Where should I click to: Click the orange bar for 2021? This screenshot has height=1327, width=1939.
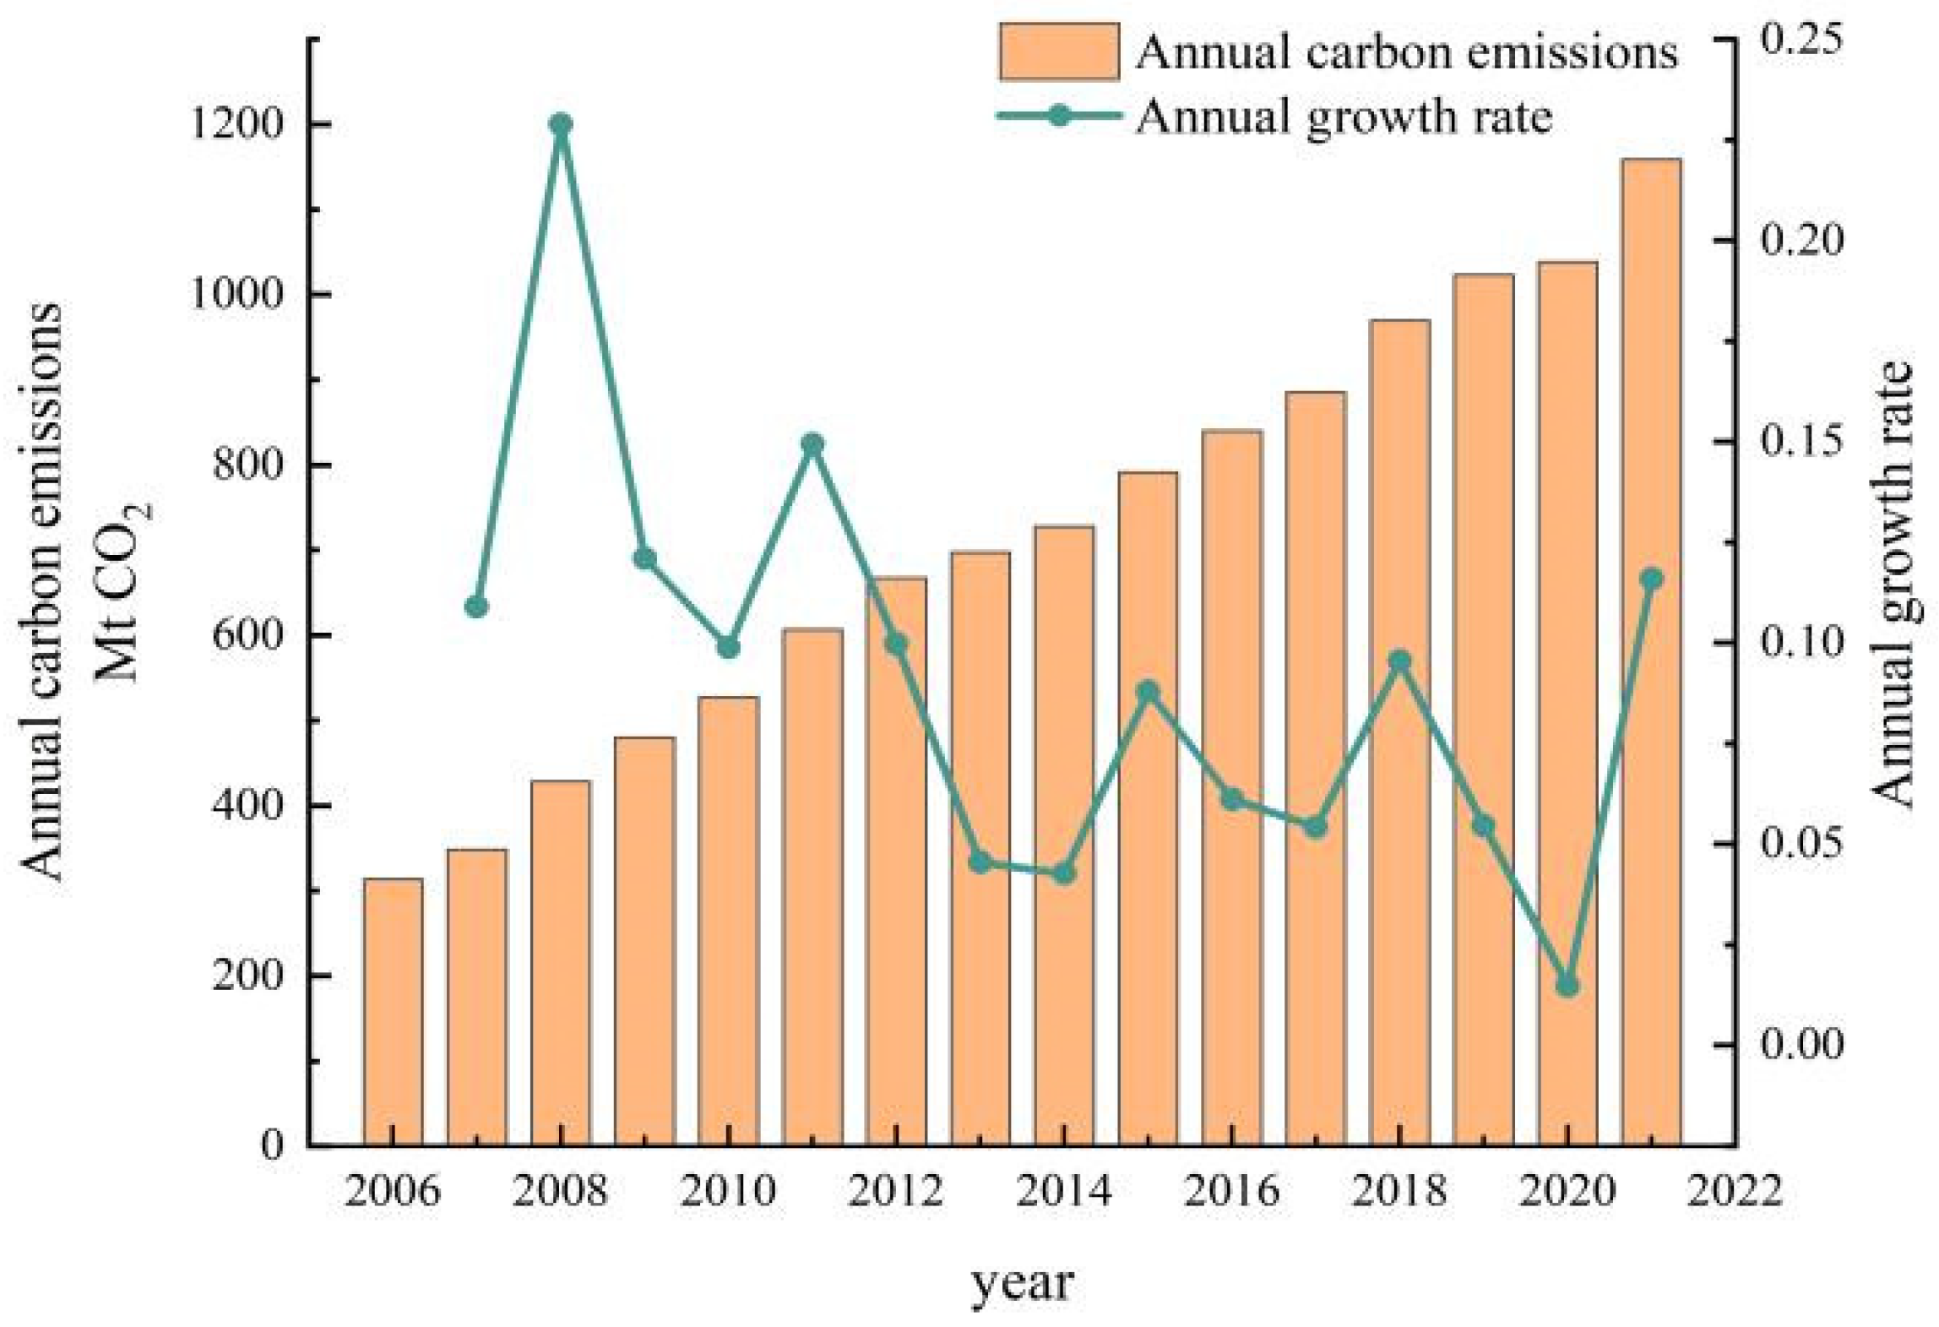(1651, 650)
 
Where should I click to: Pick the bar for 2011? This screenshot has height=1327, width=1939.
(812, 886)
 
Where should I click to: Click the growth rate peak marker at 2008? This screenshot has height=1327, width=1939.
(561, 125)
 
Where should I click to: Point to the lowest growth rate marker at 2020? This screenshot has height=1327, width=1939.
(1567, 986)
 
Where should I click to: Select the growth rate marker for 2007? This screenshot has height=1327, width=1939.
(476, 606)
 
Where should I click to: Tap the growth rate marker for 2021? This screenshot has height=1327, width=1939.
(1651, 579)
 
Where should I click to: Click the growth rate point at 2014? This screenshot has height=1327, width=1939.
(1064, 873)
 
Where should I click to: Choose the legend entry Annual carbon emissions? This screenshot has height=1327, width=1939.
(1406, 52)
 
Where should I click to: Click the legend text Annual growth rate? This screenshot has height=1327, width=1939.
(1344, 117)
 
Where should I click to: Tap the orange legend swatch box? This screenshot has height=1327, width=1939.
(1059, 52)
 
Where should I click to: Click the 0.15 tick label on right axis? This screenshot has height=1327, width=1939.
(1800, 442)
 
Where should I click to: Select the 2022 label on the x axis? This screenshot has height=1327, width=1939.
(1735, 1191)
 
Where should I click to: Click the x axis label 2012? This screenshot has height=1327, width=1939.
(896, 1191)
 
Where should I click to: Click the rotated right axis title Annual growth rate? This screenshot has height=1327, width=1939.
(1892, 585)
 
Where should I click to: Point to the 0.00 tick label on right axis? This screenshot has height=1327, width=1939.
(1800, 1044)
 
